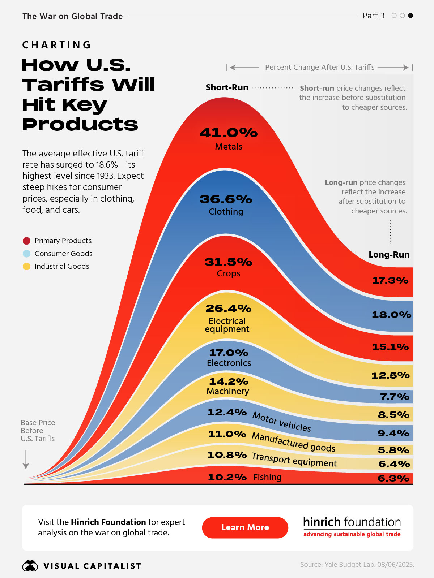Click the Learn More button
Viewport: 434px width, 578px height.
pos(245,527)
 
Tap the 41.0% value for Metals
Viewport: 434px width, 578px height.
pos(229,133)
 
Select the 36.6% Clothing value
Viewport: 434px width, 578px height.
pos(226,199)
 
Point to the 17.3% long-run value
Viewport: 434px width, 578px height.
pos(390,280)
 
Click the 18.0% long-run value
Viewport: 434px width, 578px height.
pos(391,315)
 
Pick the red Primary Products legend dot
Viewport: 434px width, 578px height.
pos(27,241)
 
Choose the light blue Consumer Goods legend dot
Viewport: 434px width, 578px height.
pos(27,254)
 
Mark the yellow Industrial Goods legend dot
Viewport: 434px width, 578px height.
pos(27,267)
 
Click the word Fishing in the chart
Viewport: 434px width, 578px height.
pos(267,477)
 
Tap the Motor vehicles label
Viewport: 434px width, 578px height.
pos(281,422)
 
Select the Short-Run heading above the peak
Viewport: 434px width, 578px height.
pos(227,87)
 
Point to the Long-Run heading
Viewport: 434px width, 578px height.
pos(389,255)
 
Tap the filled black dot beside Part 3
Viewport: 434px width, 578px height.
pos(410,16)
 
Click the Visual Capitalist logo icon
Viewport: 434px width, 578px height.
pos(30,566)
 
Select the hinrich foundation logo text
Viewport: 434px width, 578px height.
pos(352,522)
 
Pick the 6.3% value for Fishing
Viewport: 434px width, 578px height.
pos(393,478)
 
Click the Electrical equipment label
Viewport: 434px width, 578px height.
pos(227,325)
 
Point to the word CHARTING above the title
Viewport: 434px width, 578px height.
pos(57,45)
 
